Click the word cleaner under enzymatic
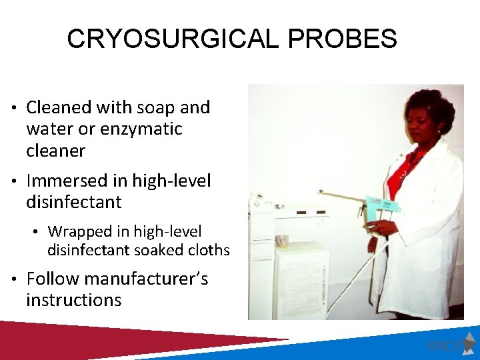pos(56,151)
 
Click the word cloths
pos(208,251)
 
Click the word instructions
pos(73,300)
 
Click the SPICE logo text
pos(442,346)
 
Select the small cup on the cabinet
pos(281,241)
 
